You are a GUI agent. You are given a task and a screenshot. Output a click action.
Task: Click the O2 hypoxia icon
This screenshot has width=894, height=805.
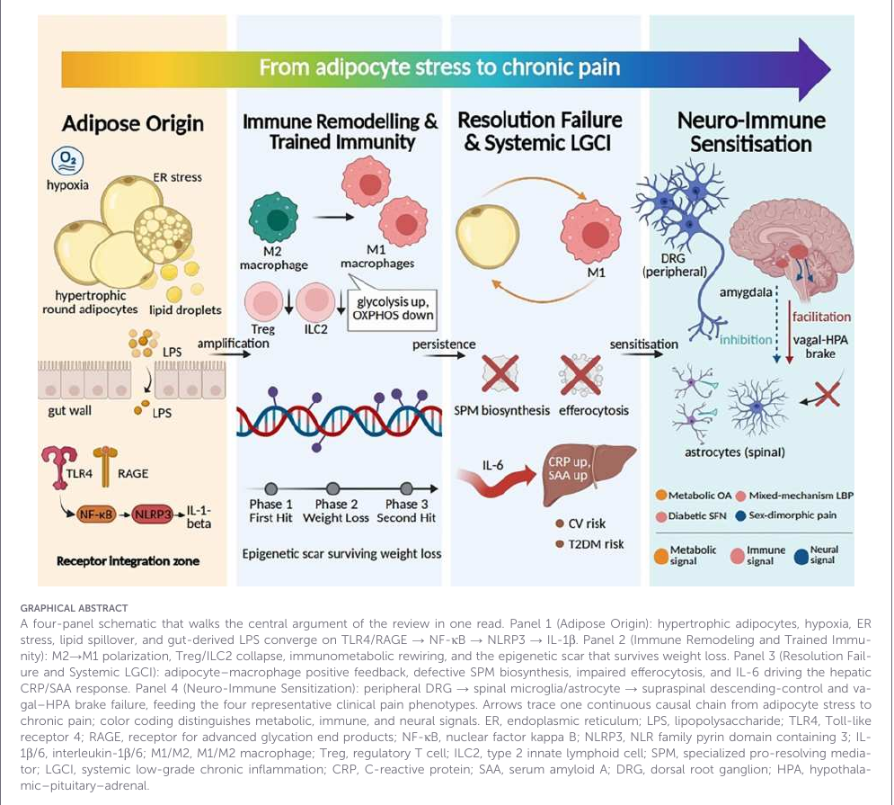pos(67,162)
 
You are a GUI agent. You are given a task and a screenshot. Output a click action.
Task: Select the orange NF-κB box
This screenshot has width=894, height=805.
pos(96,514)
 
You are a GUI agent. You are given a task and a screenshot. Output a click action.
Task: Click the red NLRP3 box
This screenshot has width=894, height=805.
pos(152,514)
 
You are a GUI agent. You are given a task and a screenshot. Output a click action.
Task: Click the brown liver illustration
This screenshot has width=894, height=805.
pos(587,473)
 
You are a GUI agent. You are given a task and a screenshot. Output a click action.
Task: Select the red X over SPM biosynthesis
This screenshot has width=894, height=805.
pos(500,373)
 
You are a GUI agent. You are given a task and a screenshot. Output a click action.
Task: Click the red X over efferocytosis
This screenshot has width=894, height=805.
pos(580,374)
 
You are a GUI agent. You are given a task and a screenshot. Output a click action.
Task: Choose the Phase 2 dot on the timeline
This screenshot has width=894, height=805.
pos(333,488)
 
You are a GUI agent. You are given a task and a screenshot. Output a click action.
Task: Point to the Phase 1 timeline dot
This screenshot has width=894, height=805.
pos(271,488)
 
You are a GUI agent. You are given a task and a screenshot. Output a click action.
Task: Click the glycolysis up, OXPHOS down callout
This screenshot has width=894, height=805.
pos(393,309)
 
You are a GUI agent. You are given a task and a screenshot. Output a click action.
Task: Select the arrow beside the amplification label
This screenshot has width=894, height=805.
pos(234,354)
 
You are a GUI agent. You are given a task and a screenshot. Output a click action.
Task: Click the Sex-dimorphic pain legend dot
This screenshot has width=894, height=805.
pos(741,515)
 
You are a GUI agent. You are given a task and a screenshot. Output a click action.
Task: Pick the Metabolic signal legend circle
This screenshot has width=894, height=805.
pos(661,556)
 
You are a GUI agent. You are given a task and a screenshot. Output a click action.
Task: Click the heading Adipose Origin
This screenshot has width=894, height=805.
pos(133,123)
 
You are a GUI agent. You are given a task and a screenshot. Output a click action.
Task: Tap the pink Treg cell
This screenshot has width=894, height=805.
pos(264,301)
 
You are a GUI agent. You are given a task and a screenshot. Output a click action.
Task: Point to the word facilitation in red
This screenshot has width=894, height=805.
pos(821,317)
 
